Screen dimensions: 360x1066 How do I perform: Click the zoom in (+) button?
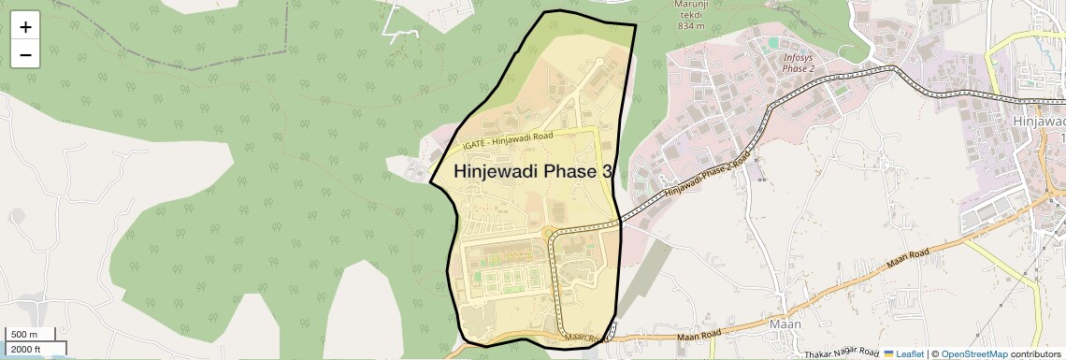pyautogui.click(x=25, y=27)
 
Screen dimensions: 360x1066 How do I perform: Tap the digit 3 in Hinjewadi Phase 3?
pyautogui.click(x=608, y=172)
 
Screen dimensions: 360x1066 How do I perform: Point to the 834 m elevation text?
pyautogui.click(x=691, y=25)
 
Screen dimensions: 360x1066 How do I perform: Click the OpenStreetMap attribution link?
pyautogui.click(x=973, y=353)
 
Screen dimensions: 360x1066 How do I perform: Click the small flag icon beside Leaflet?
pyautogui.click(x=889, y=353)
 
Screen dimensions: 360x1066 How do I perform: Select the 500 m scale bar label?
pyautogui.click(x=24, y=335)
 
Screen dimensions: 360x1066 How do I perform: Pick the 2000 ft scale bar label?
pyautogui.click(x=26, y=349)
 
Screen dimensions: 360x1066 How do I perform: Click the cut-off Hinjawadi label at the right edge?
pyautogui.click(x=1039, y=122)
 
